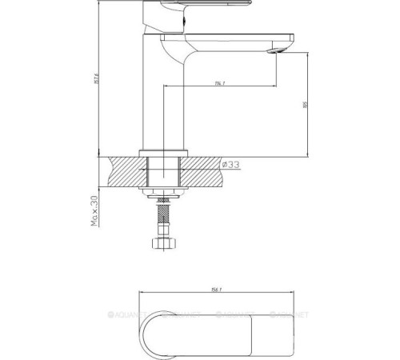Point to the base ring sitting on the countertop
click(x=163, y=151)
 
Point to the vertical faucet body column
click(x=163, y=96)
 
